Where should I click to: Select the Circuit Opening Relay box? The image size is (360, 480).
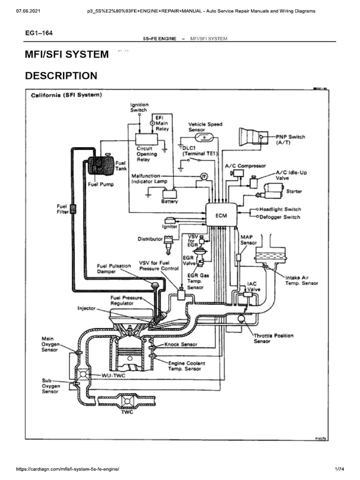coord(147,139)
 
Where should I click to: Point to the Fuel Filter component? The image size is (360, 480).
coord(73,209)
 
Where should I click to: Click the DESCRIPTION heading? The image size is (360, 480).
coord(61,76)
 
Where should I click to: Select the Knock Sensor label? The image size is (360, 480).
coord(181,344)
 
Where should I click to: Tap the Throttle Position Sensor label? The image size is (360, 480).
coord(273,338)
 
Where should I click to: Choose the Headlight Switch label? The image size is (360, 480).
coord(280,210)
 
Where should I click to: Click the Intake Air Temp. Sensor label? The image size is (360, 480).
coord(301,280)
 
